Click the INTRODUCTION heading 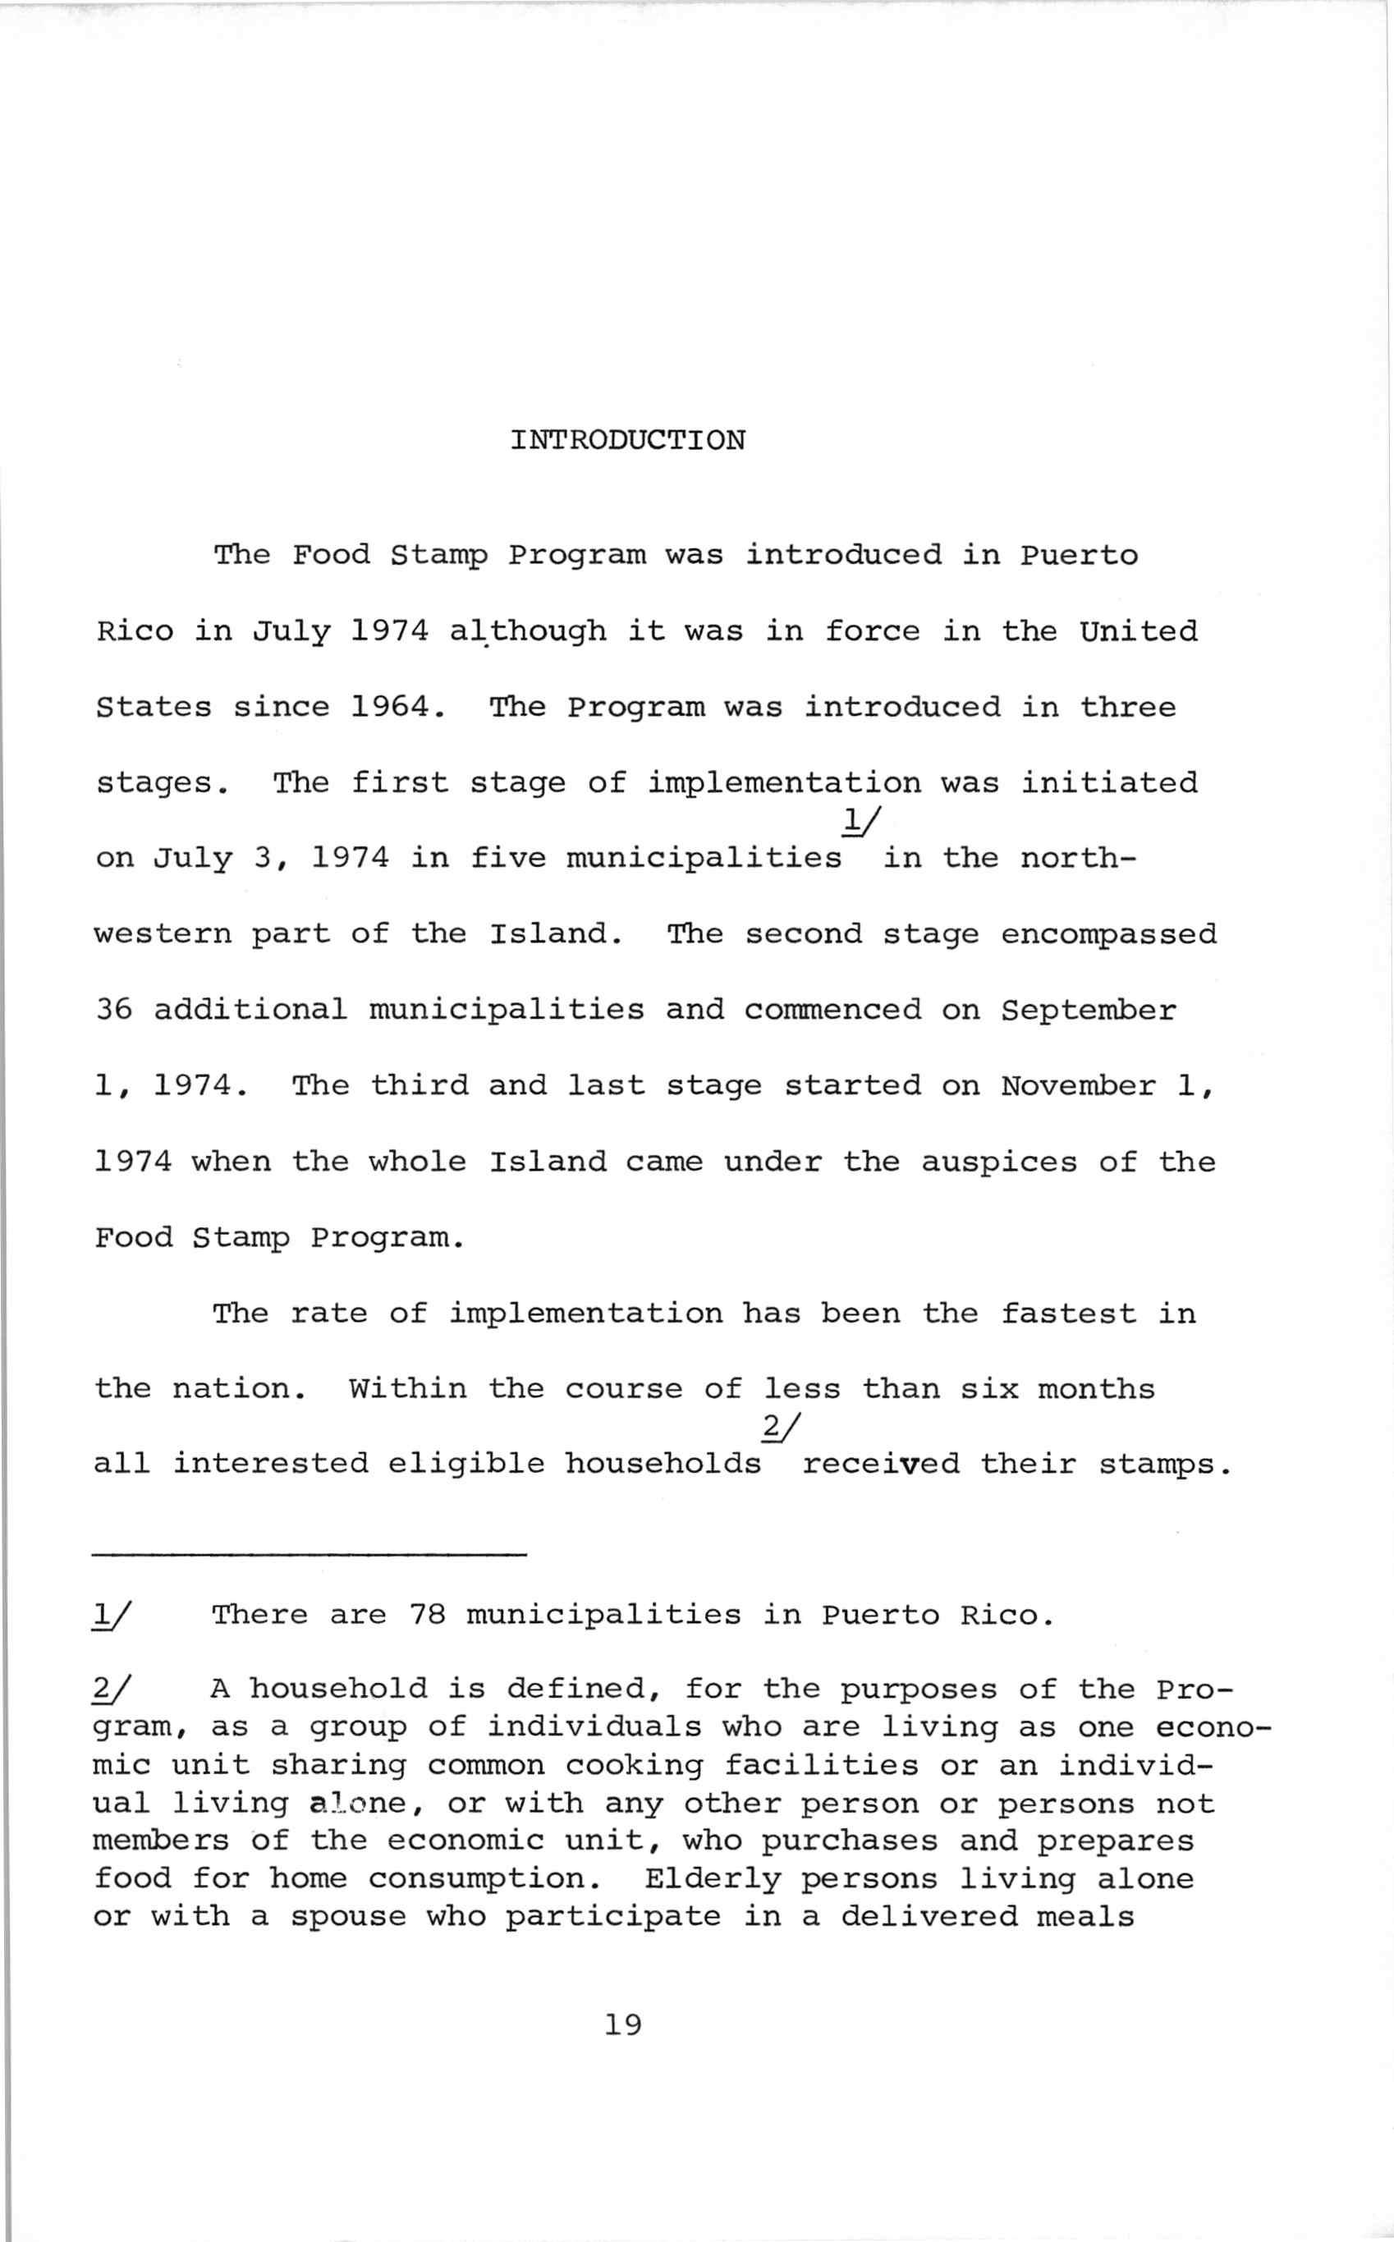tap(627, 440)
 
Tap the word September tap(1088, 1011)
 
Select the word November tap(1078, 1086)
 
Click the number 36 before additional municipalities tap(113, 1010)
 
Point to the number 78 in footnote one tap(427, 1615)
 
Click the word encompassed tap(1108, 935)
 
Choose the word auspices tap(998, 1162)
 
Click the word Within tap(406, 1388)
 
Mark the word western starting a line tap(163, 935)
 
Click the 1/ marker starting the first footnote tap(112, 1614)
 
